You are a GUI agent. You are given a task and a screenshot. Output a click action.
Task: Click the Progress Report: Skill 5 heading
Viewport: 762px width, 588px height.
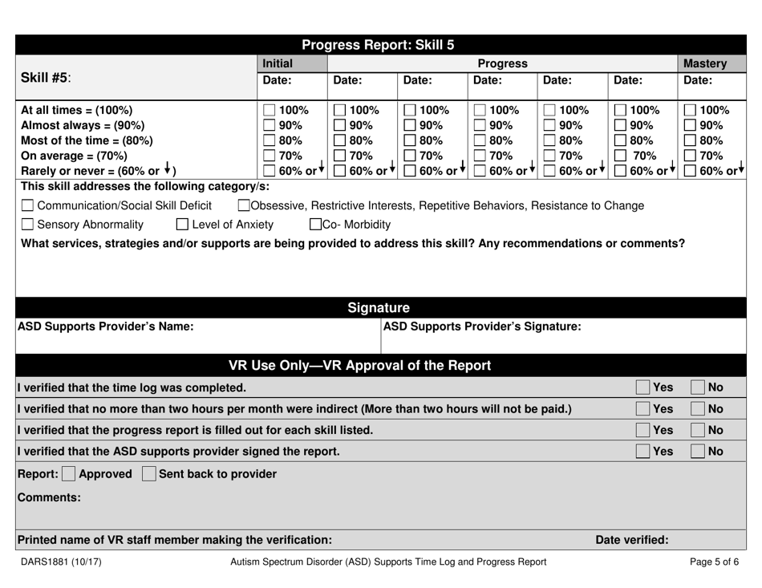pyautogui.click(x=381, y=45)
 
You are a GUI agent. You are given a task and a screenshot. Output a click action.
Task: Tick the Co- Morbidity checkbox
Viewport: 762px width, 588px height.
pyautogui.click(x=316, y=224)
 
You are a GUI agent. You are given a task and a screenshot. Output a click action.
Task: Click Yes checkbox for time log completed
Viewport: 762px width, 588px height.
pyautogui.click(x=643, y=388)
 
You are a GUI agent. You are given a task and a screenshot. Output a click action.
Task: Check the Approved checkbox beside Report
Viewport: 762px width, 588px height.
pyautogui.click(x=69, y=474)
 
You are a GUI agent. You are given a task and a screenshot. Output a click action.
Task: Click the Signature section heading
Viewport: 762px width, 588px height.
pyautogui.click(x=381, y=307)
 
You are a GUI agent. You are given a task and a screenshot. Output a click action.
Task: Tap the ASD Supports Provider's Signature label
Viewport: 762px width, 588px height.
pyautogui.click(x=482, y=326)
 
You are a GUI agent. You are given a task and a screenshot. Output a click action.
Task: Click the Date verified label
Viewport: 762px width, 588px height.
pyautogui.click(x=631, y=540)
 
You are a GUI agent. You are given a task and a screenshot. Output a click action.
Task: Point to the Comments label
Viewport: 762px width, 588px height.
pyautogui.click(x=49, y=497)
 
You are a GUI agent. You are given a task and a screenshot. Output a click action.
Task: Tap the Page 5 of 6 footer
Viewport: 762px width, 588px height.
pyautogui.click(x=714, y=562)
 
